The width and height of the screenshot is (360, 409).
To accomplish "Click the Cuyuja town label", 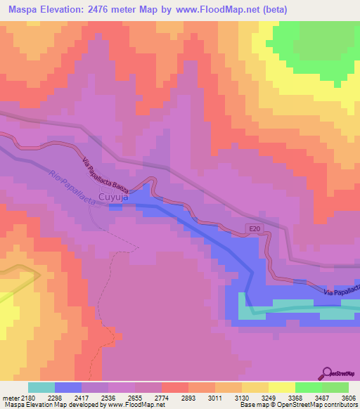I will pos(112,197).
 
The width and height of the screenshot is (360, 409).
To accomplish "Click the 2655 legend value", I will pos(134,397).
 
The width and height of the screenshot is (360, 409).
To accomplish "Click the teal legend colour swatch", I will pos(41,387).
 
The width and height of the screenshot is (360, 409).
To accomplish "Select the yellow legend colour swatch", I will pos(281,387).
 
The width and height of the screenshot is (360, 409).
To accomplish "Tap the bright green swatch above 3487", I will pos(308,387).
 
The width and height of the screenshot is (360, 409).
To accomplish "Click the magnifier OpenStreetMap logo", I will pos(328,373).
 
